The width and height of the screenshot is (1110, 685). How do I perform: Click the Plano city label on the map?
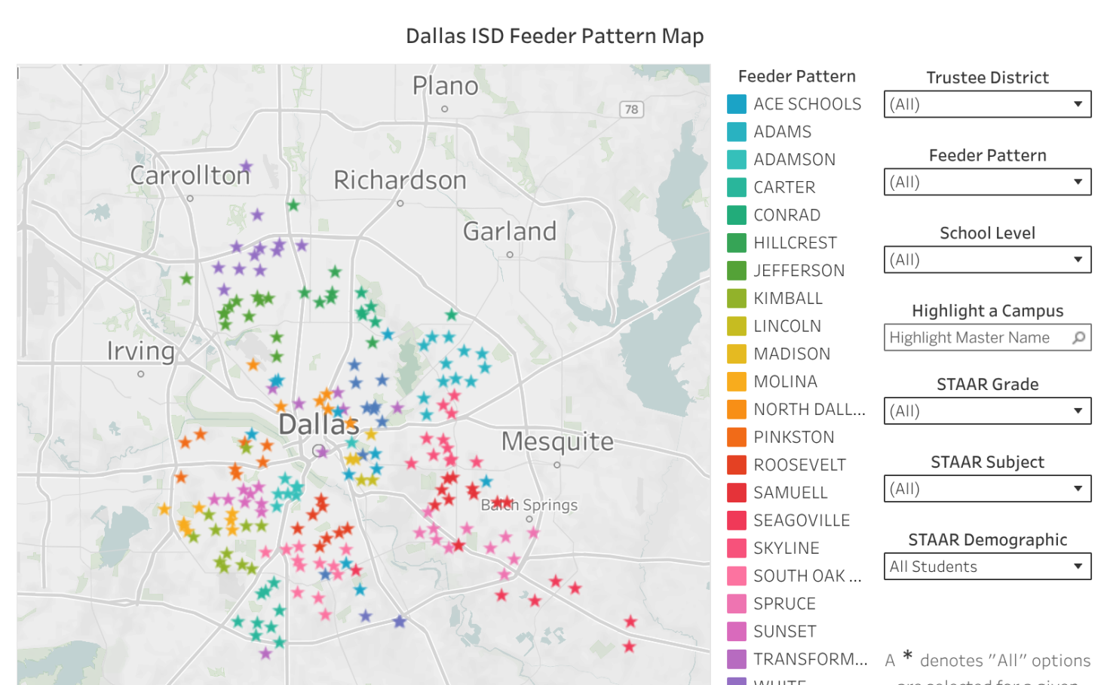tap(445, 86)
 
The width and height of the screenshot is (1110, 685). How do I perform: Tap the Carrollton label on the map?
tap(190, 175)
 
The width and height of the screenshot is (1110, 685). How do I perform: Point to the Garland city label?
tap(510, 231)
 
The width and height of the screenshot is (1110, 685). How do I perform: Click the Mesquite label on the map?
tap(557, 441)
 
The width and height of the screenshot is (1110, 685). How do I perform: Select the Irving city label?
tap(141, 351)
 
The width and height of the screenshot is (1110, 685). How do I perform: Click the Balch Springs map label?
tap(529, 505)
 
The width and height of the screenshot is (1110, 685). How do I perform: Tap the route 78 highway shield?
tap(631, 109)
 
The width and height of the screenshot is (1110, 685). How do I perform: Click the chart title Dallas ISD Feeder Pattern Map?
tap(554, 36)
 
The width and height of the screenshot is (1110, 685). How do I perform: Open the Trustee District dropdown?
tap(987, 104)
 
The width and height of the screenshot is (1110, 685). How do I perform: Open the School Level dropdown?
tap(987, 260)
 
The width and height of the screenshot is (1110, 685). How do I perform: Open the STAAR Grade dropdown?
tap(987, 411)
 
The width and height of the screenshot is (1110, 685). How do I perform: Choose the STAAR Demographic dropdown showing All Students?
tap(987, 567)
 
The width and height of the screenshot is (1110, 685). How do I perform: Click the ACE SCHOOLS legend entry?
tap(807, 104)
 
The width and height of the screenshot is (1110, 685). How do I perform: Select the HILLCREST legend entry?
tap(795, 243)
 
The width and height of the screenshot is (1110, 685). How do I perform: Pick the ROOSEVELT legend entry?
tap(799, 465)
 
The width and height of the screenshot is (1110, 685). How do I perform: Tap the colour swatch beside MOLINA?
tap(737, 382)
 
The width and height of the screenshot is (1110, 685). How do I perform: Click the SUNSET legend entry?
tap(784, 631)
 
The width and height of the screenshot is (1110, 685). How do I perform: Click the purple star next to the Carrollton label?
tap(247, 166)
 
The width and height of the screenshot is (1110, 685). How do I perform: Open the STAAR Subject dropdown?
tap(987, 489)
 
